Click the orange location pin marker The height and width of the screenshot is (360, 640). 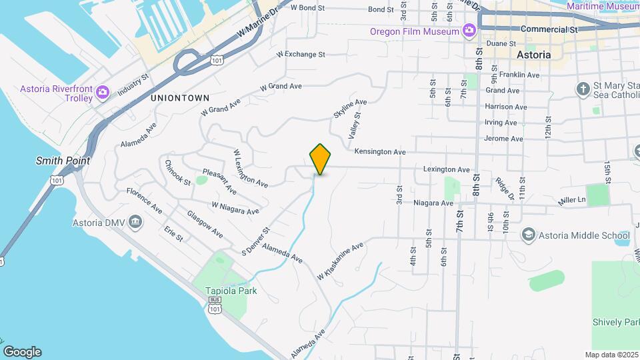click(x=321, y=159)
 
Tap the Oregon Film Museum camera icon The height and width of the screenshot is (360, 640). click(x=469, y=31)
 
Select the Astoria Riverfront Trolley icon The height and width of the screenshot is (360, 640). click(x=102, y=92)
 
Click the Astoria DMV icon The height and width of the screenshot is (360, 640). click(x=135, y=221)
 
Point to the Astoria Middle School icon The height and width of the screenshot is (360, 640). click(x=528, y=235)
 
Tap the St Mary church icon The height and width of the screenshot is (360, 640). click(x=583, y=88)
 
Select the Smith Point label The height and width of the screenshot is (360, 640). click(x=63, y=161)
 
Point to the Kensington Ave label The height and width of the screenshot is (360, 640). click(x=380, y=152)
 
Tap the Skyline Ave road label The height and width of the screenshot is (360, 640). click(x=350, y=109)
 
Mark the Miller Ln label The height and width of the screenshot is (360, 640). click(x=572, y=199)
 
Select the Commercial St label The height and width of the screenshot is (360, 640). click(x=549, y=29)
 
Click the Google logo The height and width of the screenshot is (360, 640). click(x=22, y=351)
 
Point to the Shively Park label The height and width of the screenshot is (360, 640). click(x=615, y=323)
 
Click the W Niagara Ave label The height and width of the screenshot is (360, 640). click(x=235, y=208)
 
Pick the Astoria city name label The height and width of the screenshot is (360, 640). click(x=534, y=55)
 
